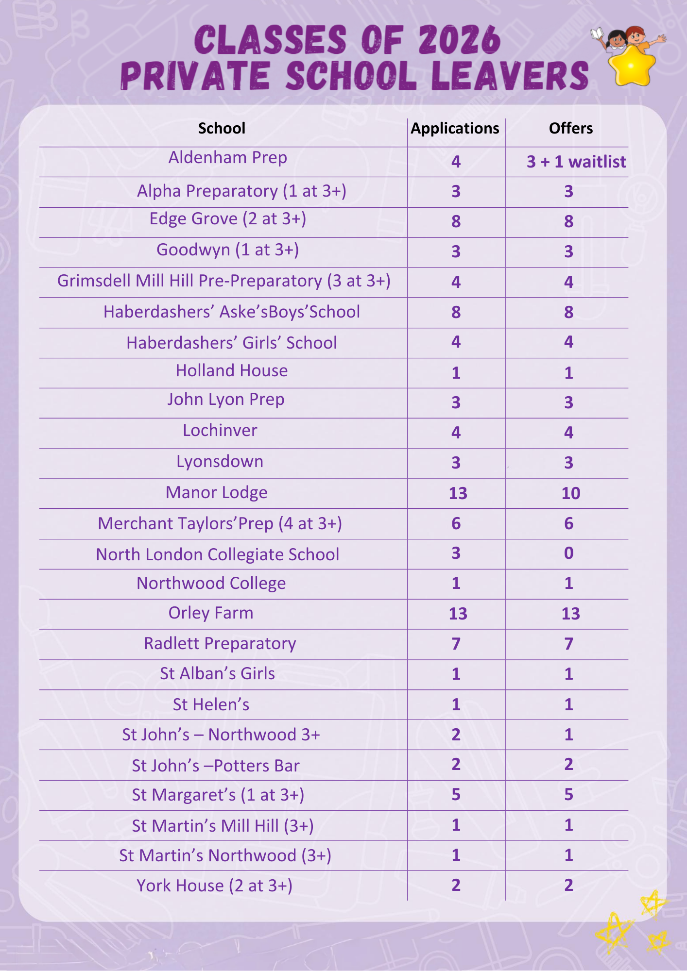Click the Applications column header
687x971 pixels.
(455, 128)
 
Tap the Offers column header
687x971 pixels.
(570, 128)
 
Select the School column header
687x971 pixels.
(222, 128)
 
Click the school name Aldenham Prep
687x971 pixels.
(227, 158)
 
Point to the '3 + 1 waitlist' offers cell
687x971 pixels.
(576, 162)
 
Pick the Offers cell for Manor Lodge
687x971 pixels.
(570, 493)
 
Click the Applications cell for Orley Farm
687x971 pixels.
(458, 614)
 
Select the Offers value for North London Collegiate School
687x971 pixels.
(568, 553)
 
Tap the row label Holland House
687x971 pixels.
(232, 371)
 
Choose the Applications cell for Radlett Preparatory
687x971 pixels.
(456, 644)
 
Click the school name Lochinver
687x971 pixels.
(220, 431)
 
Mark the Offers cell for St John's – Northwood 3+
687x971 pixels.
(568, 735)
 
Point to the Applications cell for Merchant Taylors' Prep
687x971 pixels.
(456, 523)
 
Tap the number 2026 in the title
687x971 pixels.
(459, 40)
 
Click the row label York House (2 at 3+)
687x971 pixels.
(214, 886)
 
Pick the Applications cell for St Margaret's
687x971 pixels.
(456, 794)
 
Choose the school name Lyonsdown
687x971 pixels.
(220, 462)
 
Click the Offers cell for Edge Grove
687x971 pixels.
(568, 221)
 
